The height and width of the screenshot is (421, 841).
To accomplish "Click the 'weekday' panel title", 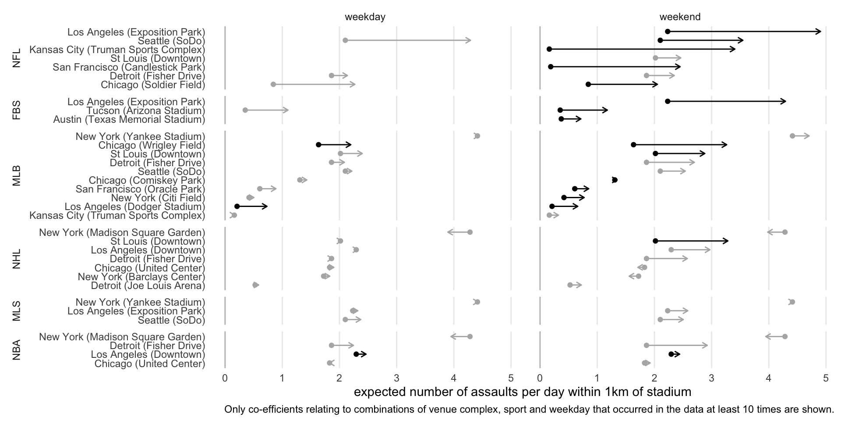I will point(365,17).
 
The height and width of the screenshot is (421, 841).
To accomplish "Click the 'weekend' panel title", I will point(680,17).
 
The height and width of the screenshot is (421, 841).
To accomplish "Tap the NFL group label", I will point(17,58).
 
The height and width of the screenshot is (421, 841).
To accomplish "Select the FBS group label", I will point(17,111).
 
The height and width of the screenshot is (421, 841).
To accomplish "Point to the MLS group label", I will point(17,311).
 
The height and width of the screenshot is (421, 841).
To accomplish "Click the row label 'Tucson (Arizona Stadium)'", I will point(145,111).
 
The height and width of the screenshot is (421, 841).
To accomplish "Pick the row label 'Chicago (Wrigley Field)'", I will point(152,145).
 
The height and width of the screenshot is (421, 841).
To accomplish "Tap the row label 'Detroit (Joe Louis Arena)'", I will point(148,286).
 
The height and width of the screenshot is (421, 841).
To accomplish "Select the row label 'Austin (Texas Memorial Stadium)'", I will point(129,119).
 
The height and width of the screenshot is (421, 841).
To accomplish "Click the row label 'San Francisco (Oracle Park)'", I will point(140,189).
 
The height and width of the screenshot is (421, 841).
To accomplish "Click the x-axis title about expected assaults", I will point(522,392).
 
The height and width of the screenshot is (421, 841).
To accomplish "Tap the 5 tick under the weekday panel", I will point(511,378).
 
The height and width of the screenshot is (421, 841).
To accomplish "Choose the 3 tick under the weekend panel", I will point(711,378).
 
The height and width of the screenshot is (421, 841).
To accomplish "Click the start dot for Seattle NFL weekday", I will point(345,40).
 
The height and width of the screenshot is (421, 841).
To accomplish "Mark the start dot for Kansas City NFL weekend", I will point(549,49).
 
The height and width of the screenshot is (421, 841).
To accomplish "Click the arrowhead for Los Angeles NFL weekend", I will point(820,32).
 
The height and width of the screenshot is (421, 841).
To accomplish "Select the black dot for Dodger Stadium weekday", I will point(237,206).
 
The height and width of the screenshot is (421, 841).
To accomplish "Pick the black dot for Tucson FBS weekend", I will point(560,110).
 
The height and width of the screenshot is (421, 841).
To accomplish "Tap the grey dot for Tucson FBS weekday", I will point(245,110).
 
